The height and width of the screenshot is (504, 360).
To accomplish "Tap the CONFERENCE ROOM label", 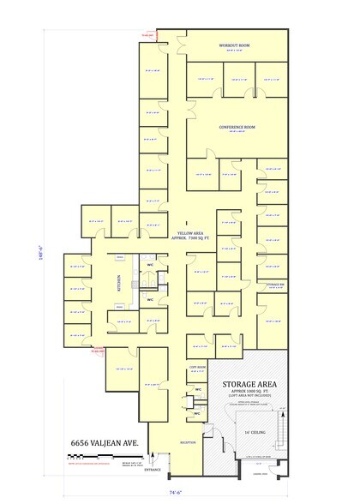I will point(237,127).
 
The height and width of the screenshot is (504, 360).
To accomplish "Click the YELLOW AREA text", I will point(189,233).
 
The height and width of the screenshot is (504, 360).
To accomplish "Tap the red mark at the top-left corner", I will point(147,35).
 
